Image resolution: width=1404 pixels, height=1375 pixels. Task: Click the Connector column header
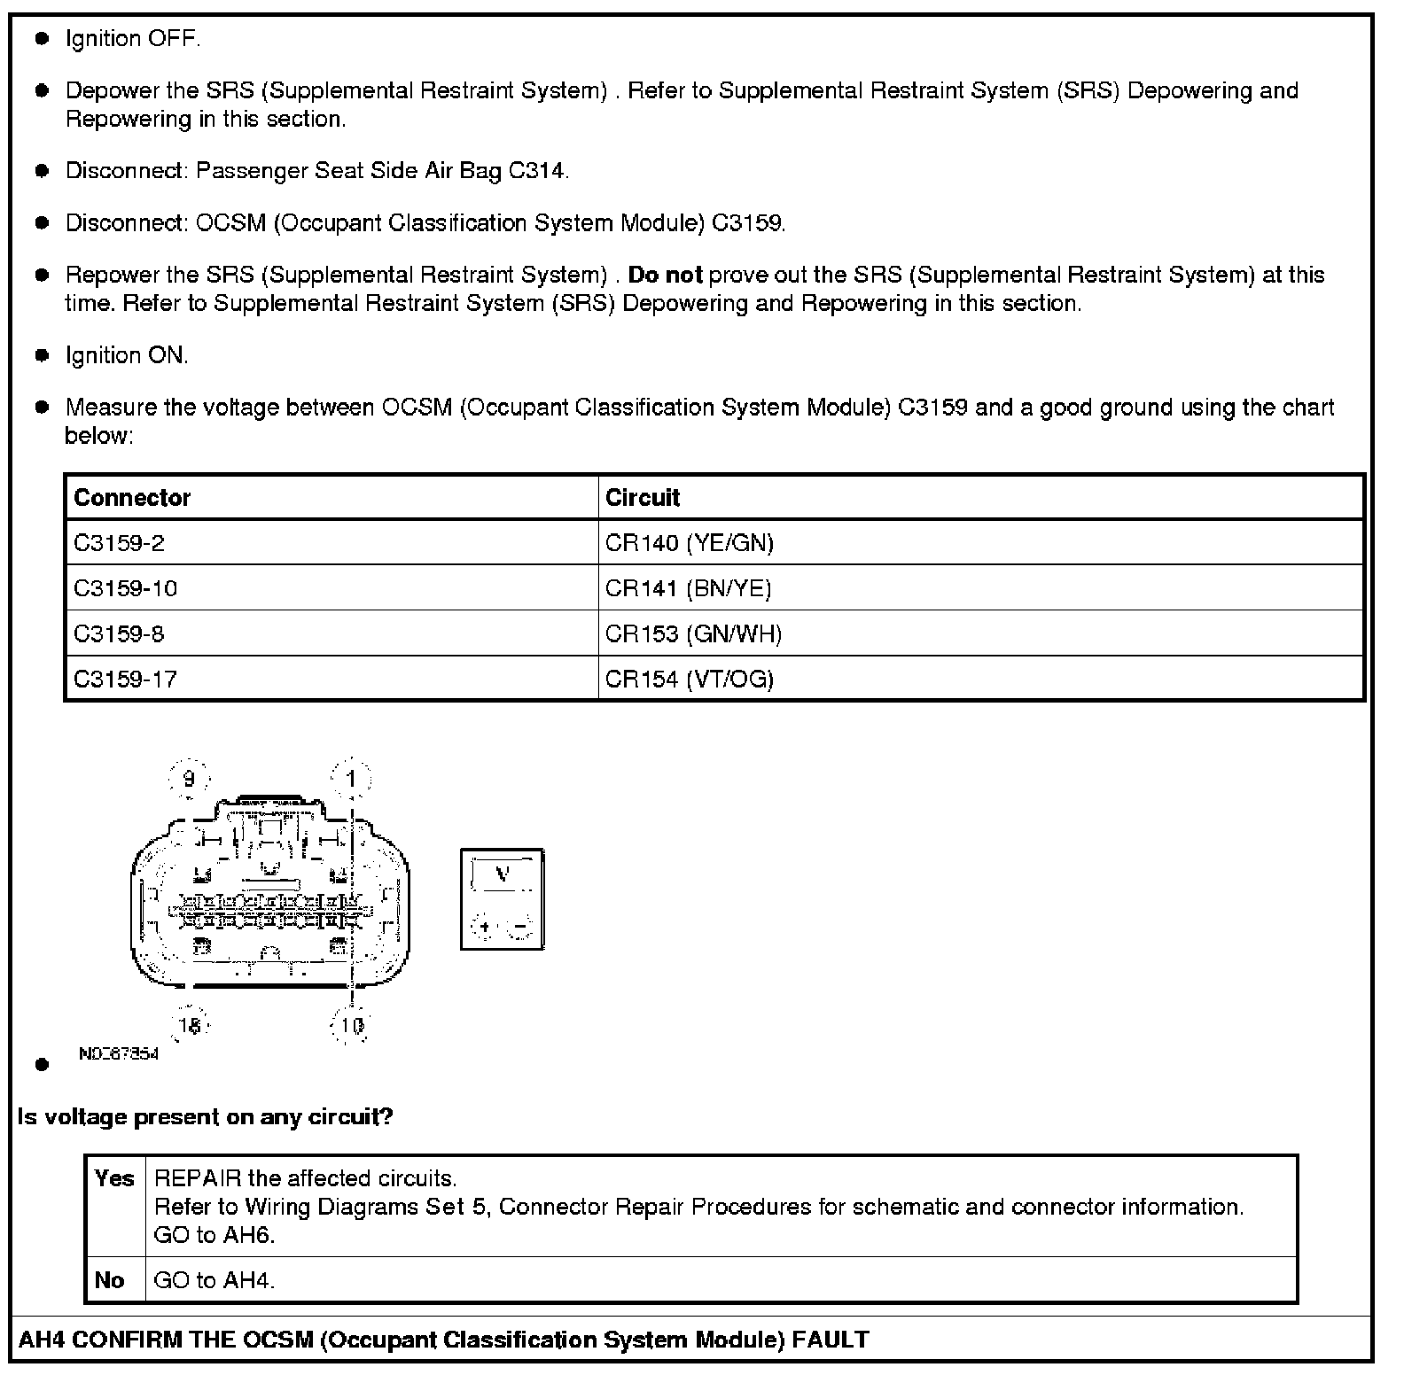[132, 498]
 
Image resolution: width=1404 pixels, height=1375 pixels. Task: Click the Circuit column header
[642, 498]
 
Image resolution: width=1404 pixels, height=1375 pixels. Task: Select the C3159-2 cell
[119, 543]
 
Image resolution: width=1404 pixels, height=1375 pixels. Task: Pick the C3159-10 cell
[125, 588]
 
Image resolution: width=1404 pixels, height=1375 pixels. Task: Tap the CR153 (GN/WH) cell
[693, 634]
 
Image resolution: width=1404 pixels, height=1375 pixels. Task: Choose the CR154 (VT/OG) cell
[689, 680]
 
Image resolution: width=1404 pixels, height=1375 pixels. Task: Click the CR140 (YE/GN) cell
[689, 543]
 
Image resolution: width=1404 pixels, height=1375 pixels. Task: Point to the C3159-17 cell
[125, 680]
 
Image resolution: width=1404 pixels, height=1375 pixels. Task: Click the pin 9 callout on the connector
[188, 780]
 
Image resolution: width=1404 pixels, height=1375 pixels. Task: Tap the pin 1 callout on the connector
[352, 780]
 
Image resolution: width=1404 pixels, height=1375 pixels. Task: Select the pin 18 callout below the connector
[190, 1026]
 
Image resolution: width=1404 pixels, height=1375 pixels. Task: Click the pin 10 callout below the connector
[352, 1026]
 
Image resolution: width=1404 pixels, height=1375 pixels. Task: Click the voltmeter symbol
[503, 899]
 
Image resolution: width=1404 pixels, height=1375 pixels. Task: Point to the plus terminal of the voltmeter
[484, 928]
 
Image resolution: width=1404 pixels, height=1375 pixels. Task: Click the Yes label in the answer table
[114, 1179]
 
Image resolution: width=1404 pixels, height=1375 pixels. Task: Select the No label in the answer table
[110, 1280]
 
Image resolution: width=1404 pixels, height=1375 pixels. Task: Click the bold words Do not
[665, 276]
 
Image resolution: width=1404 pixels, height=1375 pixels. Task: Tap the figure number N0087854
[118, 1054]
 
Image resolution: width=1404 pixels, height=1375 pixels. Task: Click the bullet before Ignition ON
[42, 356]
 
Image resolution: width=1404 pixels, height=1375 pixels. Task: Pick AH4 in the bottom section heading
[41, 1340]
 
